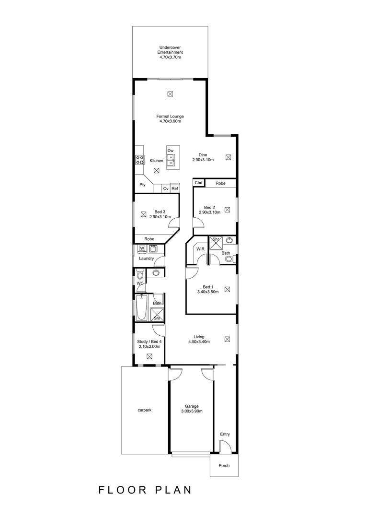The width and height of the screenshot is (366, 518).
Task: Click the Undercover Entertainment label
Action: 171,52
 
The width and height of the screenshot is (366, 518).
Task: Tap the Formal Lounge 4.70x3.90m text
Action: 170,119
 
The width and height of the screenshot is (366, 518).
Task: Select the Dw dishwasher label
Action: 170,151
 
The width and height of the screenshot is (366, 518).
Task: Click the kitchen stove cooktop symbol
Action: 140,160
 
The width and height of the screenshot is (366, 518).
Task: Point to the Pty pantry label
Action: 142,185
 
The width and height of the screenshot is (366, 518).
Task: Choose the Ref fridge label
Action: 175,189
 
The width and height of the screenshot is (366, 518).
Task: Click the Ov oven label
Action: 166,189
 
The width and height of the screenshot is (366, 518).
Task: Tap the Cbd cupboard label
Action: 198,183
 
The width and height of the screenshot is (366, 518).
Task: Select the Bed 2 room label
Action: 210,210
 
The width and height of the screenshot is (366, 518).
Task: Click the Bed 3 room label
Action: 160,214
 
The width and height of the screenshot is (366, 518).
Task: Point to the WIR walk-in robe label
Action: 200,249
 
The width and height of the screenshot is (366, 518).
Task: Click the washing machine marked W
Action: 142,248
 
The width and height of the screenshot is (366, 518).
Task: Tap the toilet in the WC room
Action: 140,275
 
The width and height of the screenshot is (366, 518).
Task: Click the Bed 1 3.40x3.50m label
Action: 208,289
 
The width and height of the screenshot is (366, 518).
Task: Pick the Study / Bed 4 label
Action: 149,344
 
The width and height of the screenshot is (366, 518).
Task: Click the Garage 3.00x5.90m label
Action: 192,409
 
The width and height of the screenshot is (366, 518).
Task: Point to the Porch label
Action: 224,466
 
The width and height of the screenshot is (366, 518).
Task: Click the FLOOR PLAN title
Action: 145,490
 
